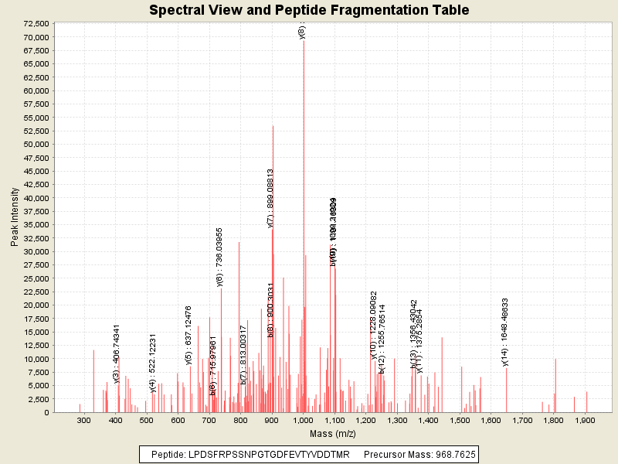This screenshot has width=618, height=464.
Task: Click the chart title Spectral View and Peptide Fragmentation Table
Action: tap(308, 10)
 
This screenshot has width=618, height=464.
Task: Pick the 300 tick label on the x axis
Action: tap(84, 420)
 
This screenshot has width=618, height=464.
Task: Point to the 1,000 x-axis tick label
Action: tap(303, 420)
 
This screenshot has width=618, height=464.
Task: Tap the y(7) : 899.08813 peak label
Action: tap(271, 198)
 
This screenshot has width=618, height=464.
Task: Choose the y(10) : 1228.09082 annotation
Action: tap(374, 325)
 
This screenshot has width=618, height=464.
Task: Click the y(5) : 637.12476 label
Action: tap(188, 334)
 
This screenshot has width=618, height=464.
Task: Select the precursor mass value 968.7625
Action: tap(454, 454)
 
